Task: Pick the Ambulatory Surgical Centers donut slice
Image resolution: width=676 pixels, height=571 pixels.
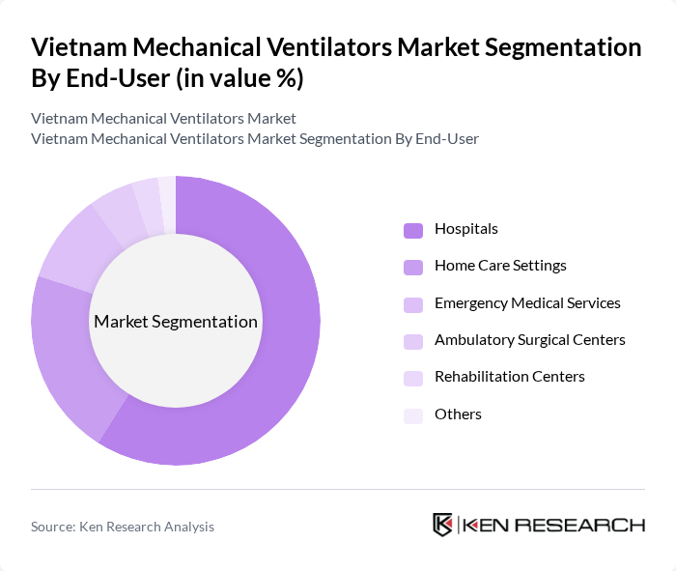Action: point(119,214)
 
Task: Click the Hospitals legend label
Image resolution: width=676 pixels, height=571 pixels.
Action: point(466,229)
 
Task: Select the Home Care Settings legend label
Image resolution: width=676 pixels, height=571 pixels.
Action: point(500,266)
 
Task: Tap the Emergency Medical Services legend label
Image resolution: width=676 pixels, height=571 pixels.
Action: point(527,303)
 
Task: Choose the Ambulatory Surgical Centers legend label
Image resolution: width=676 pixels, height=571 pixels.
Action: point(530,340)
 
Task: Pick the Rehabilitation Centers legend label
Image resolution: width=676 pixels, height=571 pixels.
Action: point(510,377)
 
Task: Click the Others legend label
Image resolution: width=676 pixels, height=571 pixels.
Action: point(458,414)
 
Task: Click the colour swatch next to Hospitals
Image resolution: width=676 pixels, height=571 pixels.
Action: point(413,230)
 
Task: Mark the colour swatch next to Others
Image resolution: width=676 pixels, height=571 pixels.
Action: point(413,415)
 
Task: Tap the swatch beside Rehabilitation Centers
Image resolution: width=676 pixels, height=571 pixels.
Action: point(413,378)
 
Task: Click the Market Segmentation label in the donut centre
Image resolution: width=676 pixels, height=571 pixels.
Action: point(176,322)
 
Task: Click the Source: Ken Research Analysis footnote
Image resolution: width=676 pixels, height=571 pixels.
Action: point(123,527)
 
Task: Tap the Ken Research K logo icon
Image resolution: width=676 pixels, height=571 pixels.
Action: point(443,525)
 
